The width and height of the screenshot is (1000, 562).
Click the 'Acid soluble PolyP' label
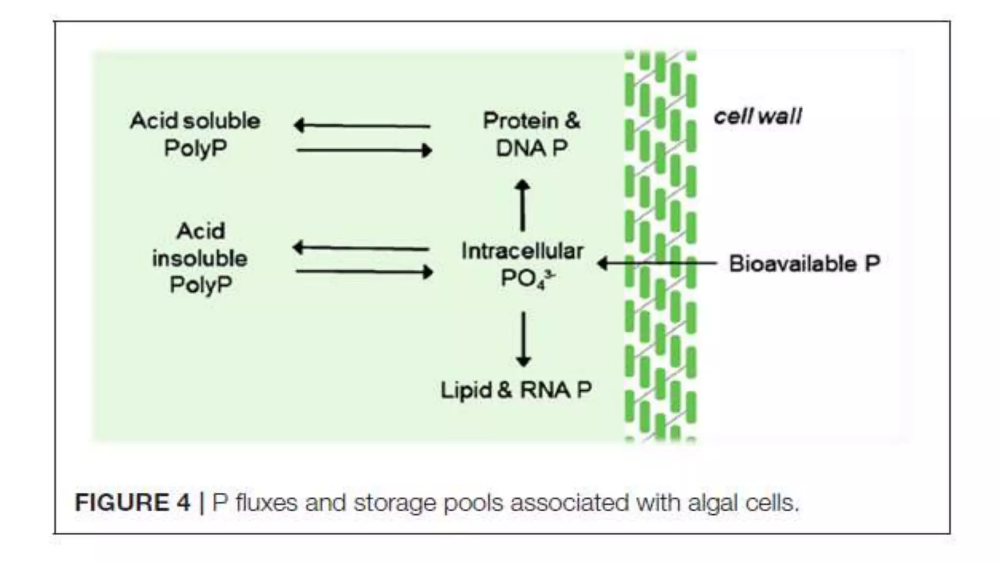195,134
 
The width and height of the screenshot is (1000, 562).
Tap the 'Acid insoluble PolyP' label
200,258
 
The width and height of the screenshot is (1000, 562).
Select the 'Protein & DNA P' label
531,134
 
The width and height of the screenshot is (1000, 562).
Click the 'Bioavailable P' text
804,264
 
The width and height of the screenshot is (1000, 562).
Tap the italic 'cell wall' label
757,117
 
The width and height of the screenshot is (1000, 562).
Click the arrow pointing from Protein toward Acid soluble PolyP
362,125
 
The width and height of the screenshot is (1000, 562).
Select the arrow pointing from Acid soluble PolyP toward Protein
364,150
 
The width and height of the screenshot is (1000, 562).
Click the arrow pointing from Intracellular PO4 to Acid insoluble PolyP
361,248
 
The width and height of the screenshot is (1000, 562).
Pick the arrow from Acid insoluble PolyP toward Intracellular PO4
364,272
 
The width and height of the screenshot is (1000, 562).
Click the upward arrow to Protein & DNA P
522,205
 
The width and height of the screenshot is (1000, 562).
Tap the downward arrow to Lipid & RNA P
523,339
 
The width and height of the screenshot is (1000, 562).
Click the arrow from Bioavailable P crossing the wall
657,263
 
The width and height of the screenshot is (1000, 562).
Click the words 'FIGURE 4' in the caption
132,502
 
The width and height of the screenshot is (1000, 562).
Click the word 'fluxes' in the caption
267,502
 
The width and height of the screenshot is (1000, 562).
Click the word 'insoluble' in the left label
200,258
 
